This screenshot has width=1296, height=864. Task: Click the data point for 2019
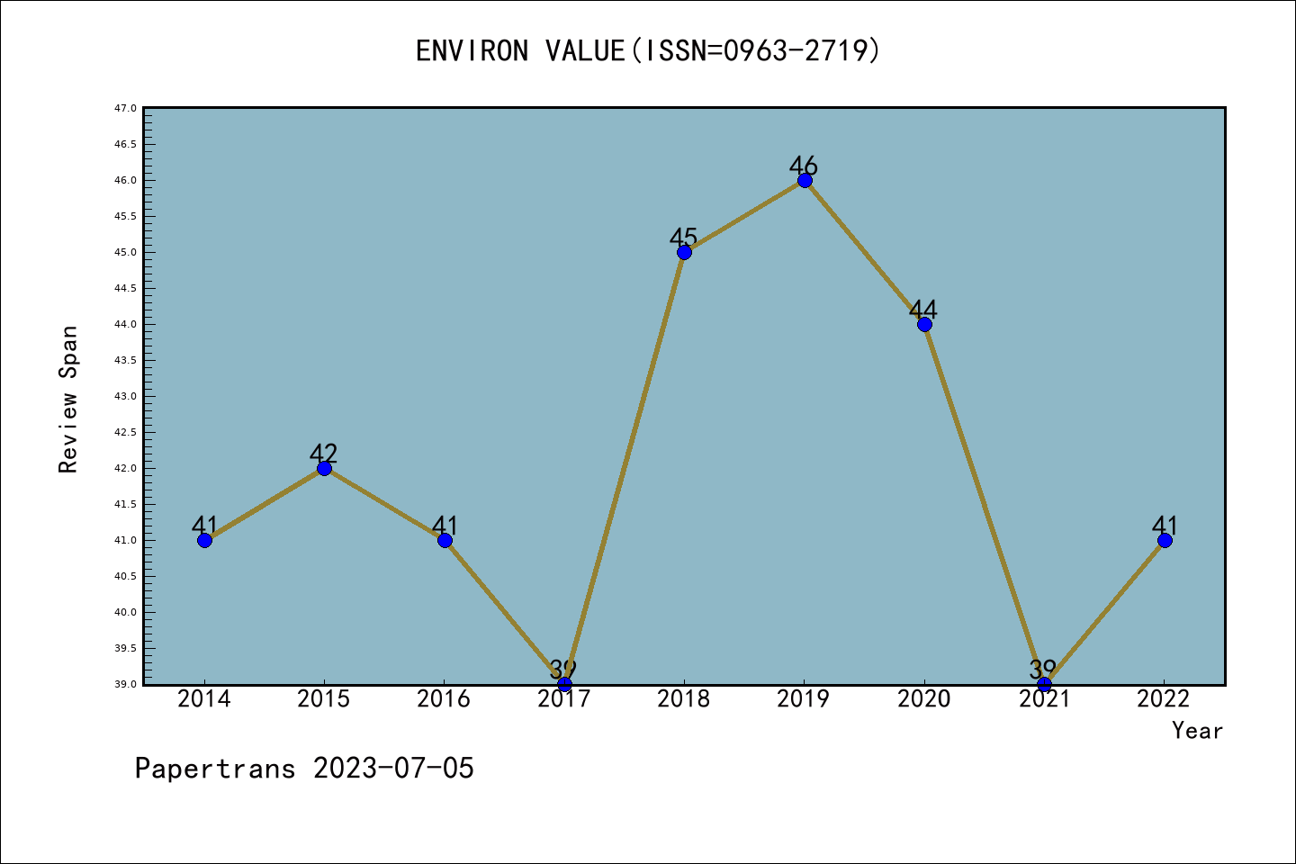[805, 180]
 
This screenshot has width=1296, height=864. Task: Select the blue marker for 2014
[204, 540]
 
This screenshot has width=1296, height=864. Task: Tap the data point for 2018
[684, 252]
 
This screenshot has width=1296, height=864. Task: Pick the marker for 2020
[924, 324]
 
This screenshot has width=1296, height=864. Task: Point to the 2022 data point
[1165, 540]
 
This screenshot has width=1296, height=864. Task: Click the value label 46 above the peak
[804, 166]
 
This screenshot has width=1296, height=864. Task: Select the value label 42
[323, 454]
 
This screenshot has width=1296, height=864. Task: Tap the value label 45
[683, 238]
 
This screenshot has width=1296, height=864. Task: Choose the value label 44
[923, 310]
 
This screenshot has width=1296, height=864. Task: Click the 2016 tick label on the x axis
[444, 699]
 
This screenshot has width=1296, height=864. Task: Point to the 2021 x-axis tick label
[1044, 699]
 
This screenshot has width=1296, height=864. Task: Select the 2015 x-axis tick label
[324, 699]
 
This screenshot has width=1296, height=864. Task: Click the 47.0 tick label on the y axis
[125, 108]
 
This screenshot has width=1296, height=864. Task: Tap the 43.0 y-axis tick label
[125, 396]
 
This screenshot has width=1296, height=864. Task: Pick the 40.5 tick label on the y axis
[125, 576]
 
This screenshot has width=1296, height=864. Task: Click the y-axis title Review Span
[68, 399]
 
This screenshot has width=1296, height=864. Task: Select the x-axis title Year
[1197, 731]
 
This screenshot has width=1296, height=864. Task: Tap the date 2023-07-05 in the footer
[393, 769]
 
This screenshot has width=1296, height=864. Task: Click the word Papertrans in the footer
[215, 769]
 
